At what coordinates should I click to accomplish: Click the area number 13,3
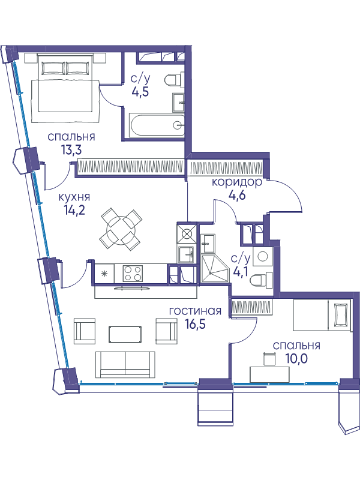71,150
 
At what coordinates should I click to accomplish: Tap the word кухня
74,197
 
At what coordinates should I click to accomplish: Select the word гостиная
196,311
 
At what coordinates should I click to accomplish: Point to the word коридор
237,182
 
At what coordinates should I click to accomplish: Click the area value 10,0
296,358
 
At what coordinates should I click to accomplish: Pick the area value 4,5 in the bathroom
140,92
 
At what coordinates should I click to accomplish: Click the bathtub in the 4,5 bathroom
157,125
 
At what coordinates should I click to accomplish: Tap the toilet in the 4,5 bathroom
174,80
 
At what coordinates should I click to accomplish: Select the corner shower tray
215,268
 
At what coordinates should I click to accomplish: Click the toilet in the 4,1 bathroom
261,280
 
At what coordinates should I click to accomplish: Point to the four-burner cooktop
133,274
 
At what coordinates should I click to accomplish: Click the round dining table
121,229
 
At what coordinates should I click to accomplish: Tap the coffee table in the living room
125,334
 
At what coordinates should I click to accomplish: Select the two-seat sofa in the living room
125,364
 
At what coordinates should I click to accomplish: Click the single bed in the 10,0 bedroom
322,315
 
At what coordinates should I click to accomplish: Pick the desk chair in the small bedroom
269,358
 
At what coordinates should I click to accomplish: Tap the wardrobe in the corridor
226,169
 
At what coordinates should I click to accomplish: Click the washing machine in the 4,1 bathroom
262,256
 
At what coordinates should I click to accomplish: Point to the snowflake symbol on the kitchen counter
104,274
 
